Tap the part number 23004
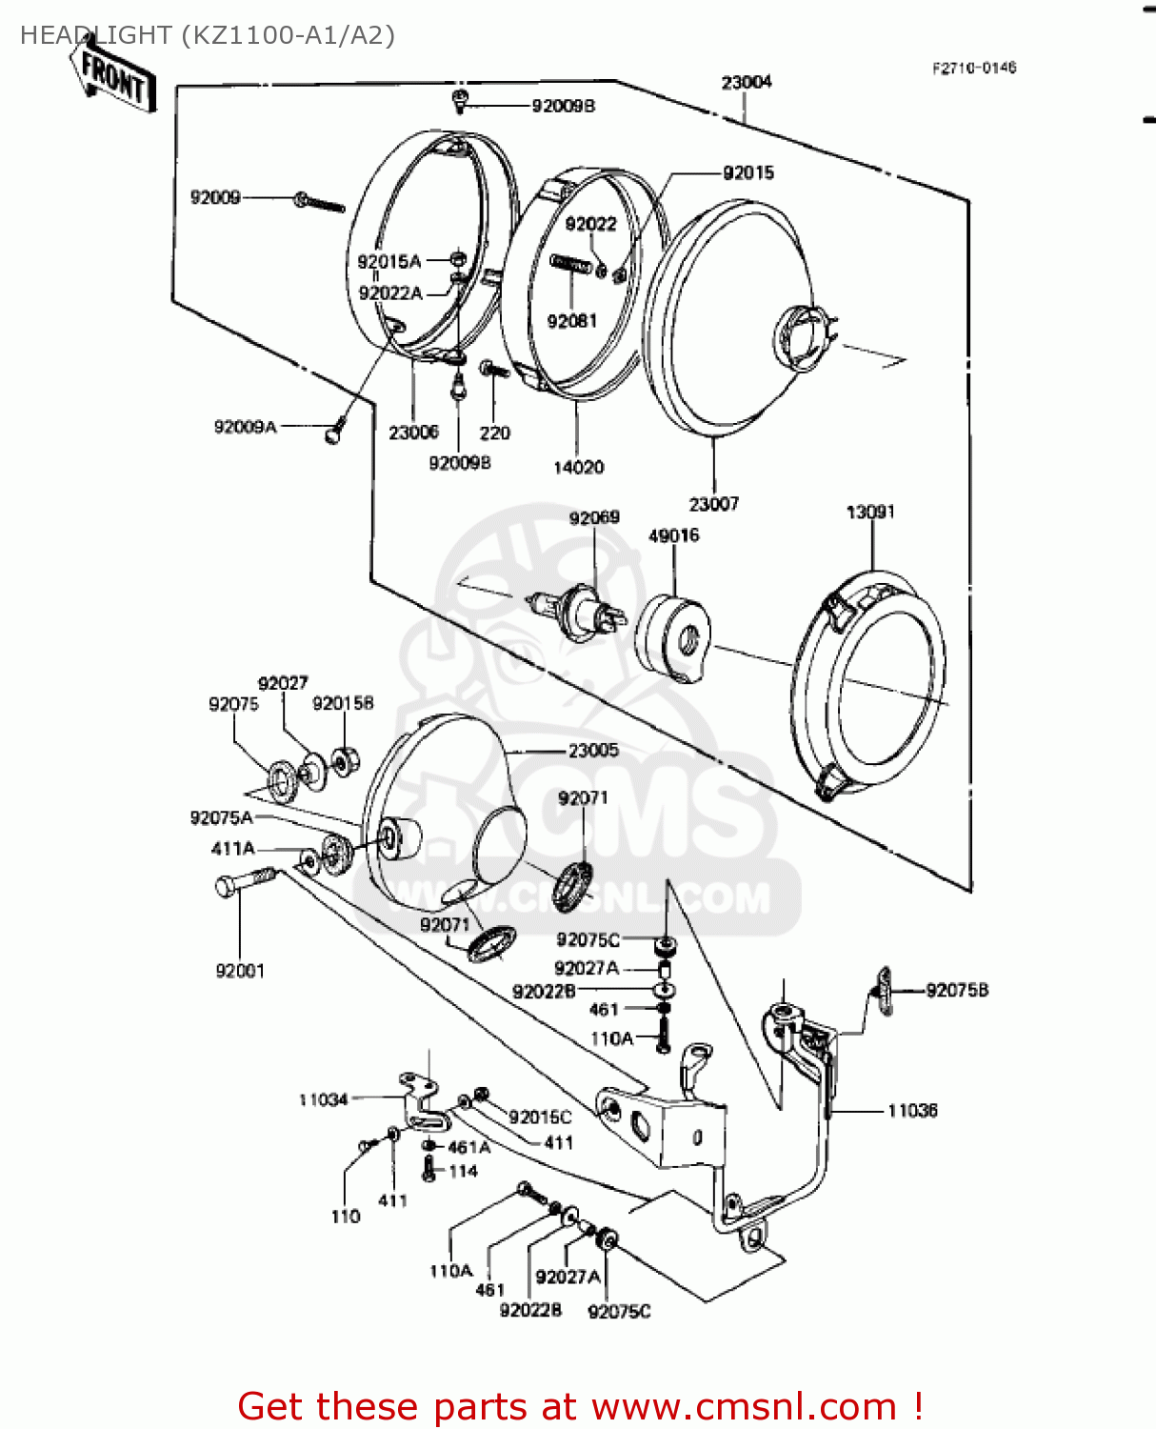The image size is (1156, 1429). pyautogui.click(x=747, y=83)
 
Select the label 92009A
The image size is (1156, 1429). pyautogui.click(x=245, y=427)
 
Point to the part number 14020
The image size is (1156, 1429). pyautogui.click(x=578, y=467)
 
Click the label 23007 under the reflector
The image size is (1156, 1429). pyautogui.click(x=713, y=504)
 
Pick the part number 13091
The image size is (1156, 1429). pyautogui.click(x=870, y=513)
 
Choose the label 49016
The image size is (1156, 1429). pyautogui.click(x=673, y=535)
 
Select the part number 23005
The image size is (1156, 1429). pyautogui.click(x=593, y=751)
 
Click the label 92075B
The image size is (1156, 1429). pyautogui.click(x=957, y=991)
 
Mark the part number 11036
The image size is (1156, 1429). pyautogui.click(x=912, y=1111)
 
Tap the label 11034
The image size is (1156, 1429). pyautogui.click(x=324, y=1100)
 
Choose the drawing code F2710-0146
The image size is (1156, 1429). pyautogui.click(x=974, y=68)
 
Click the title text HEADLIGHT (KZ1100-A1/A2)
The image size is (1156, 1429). pyautogui.click(x=207, y=35)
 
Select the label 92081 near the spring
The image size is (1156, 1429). pyautogui.click(x=571, y=321)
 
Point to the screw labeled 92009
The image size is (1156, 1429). pyautogui.click(x=320, y=202)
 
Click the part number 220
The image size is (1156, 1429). pyautogui.click(x=494, y=433)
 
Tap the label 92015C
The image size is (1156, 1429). pyautogui.click(x=540, y=1117)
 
